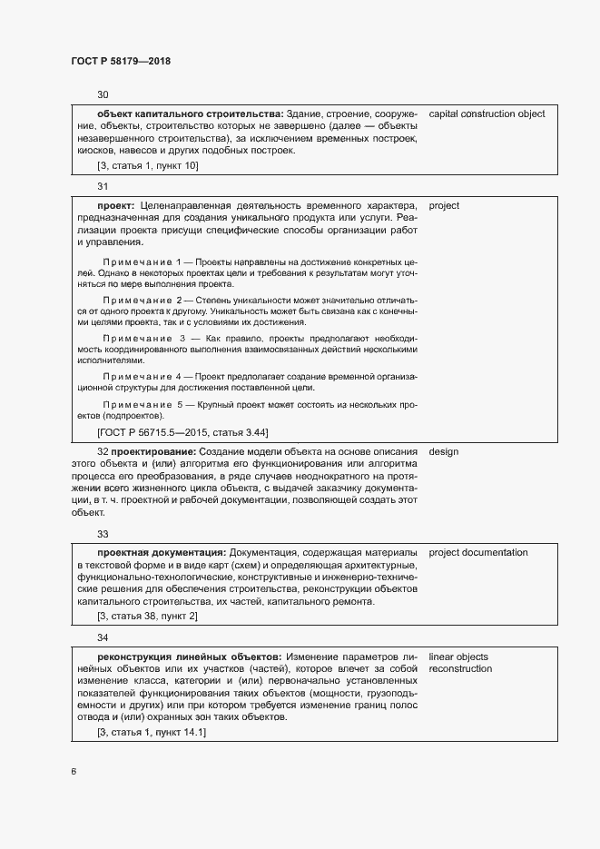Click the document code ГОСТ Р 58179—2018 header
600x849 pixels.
(120, 61)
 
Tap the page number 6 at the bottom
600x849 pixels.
(74, 772)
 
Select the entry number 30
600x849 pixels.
(103, 94)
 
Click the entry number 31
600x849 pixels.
(103, 186)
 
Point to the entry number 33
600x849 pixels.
(103, 534)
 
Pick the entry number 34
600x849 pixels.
(103, 637)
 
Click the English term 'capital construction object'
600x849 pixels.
(487, 114)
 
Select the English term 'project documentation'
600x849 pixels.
(477, 552)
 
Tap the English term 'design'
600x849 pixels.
(443, 450)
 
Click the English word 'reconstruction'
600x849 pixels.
(460, 669)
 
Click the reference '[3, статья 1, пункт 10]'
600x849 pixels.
(147, 166)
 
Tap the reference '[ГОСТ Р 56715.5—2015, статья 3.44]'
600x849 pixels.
(182, 432)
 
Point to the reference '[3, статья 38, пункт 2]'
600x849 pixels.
(147, 617)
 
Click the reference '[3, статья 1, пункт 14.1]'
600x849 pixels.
(152, 733)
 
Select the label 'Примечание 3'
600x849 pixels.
(146, 339)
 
